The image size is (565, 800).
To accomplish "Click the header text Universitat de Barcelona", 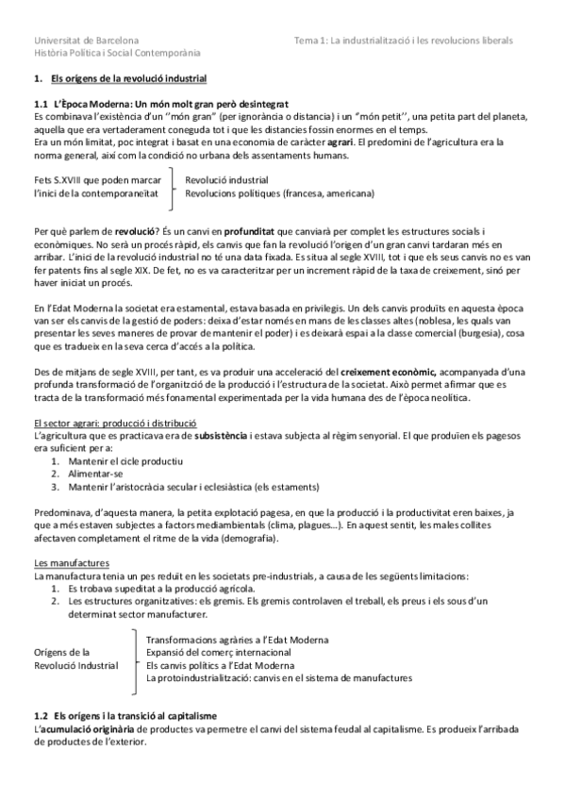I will tap(86, 42).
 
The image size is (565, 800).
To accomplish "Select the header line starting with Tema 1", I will tap(404, 42).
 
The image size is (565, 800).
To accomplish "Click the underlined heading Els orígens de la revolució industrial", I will tap(128, 82).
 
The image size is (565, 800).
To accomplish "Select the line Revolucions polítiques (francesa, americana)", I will tap(280, 193).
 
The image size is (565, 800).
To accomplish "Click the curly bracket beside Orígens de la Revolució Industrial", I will tap(134, 658).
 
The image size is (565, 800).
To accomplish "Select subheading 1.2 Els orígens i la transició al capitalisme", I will tap(136, 717).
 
